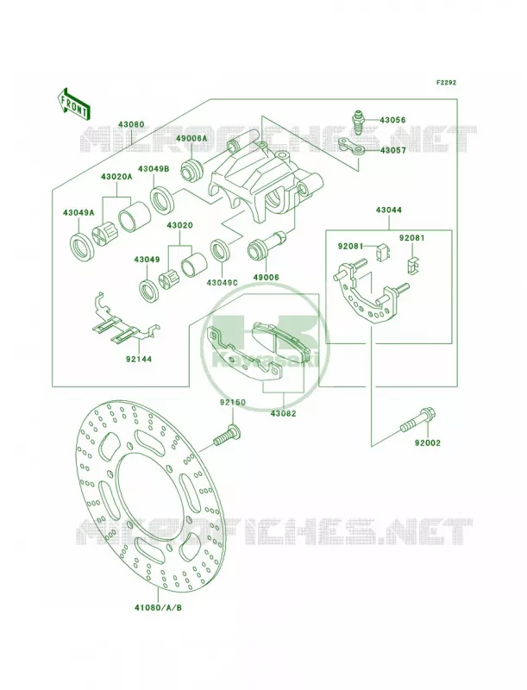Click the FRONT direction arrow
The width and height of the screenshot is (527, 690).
click(72, 103)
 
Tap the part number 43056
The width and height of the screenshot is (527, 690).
click(392, 120)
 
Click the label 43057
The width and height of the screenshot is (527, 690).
click(392, 150)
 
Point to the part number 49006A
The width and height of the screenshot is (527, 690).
click(191, 138)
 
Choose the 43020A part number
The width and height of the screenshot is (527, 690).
click(116, 177)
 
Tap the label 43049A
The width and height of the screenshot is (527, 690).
click(78, 212)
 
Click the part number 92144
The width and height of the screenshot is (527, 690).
click(138, 359)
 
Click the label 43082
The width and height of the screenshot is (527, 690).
click(283, 414)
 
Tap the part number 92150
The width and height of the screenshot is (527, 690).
click(233, 402)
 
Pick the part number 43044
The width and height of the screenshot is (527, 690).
click(388, 210)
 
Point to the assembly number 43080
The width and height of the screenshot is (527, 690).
click(130, 124)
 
